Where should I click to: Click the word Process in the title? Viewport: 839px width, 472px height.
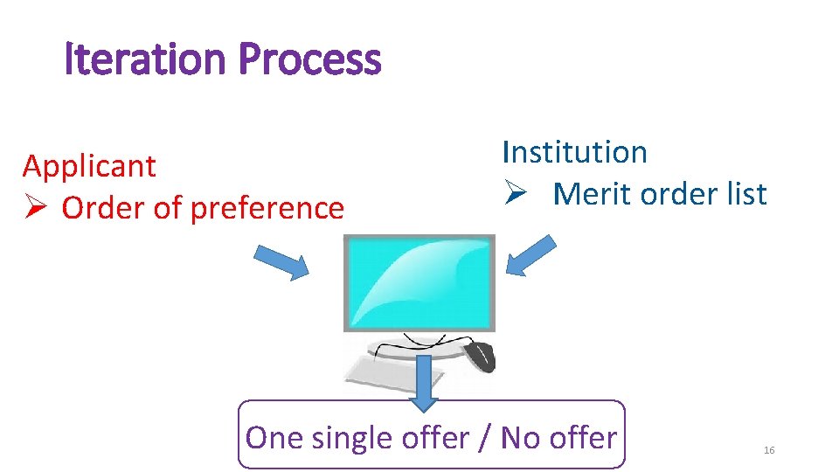point(309,60)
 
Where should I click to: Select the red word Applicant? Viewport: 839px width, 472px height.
point(89,166)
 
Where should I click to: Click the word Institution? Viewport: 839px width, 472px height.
point(574,152)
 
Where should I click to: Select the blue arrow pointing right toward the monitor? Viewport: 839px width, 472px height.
point(281,261)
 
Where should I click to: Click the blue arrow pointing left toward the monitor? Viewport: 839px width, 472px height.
point(531,255)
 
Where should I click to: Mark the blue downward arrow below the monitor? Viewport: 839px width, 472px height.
point(425,382)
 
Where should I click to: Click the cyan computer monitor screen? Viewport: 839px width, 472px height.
point(419,281)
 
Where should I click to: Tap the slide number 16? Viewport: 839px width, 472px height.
point(769,450)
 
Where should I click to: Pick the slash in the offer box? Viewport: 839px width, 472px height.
point(485,437)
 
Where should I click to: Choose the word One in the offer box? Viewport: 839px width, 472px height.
point(273,437)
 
